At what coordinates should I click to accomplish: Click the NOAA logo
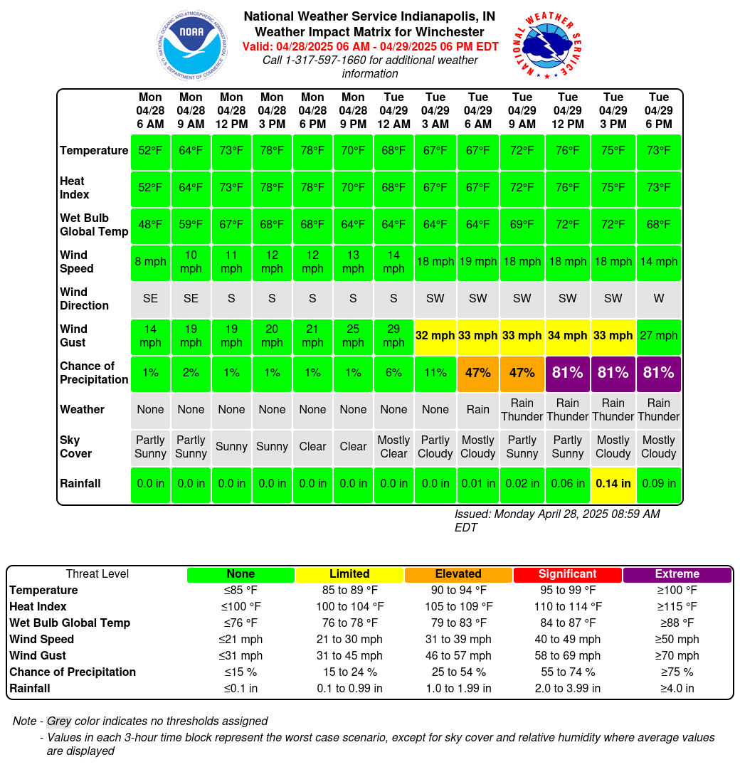point(192,45)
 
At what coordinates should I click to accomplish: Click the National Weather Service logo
point(547,45)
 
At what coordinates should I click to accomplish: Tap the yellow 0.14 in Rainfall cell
point(613,484)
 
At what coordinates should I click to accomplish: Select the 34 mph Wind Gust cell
point(567,336)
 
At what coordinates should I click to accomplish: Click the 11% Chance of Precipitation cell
point(435,374)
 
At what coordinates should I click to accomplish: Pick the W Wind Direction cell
point(658,299)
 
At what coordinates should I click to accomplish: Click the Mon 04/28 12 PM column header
point(231,110)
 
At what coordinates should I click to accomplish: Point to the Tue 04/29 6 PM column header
point(658,110)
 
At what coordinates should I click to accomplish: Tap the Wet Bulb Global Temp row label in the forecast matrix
point(94,225)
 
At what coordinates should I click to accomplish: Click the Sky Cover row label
point(76,447)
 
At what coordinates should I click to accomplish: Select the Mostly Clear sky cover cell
point(393,447)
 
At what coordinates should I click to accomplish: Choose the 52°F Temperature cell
point(150,151)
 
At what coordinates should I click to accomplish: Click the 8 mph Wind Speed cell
point(150,262)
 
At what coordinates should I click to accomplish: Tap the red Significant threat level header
point(567,574)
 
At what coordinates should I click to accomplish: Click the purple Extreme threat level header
point(677,574)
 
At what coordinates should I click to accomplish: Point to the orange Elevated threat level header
point(458,574)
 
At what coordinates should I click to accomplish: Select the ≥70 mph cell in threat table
point(677,656)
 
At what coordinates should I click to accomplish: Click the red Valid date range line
point(370,47)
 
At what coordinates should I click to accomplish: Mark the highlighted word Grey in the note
point(59,721)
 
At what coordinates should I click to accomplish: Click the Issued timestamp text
point(557,521)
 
